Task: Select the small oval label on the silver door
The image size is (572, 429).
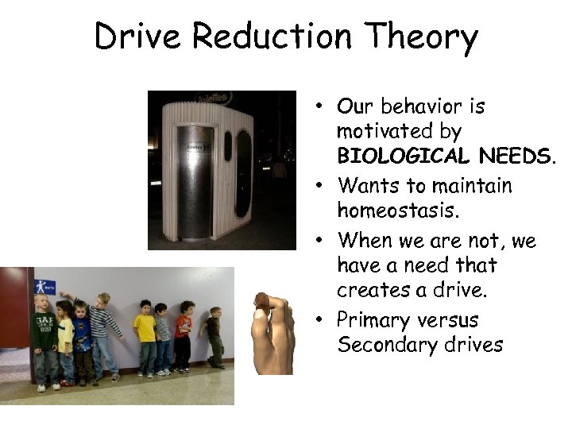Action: [192, 148]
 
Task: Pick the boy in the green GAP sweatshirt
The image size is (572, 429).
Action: [43, 338]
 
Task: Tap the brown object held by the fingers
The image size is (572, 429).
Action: [262, 303]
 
